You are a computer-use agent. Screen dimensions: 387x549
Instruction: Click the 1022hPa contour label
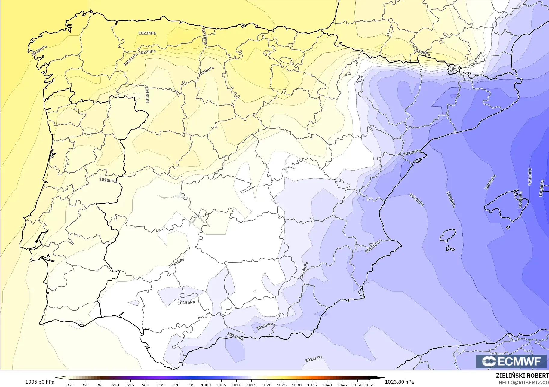click(x=147, y=52)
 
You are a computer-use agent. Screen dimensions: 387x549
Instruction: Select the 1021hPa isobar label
click(x=130, y=59)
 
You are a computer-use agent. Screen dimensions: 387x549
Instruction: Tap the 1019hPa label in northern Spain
click(x=206, y=71)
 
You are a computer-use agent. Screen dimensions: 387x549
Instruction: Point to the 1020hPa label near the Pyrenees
click(x=422, y=52)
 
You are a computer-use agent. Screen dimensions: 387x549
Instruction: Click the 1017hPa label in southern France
click(x=477, y=59)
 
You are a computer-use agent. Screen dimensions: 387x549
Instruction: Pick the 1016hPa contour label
click(x=176, y=263)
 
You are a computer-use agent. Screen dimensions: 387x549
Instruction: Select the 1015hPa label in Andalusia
click(x=186, y=303)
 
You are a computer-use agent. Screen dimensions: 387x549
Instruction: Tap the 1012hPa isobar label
click(x=373, y=247)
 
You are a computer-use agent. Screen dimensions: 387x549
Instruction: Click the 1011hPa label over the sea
click(x=417, y=200)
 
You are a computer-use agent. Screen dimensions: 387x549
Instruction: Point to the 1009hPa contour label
click(x=490, y=183)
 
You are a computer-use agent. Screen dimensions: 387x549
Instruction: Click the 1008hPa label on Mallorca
click(x=520, y=200)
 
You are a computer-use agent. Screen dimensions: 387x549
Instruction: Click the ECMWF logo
click(x=511, y=361)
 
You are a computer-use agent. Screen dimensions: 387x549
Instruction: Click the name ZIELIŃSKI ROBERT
click(x=522, y=376)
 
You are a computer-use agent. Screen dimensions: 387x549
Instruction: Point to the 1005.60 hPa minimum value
click(x=40, y=382)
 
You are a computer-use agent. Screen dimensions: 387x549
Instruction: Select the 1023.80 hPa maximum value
click(x=399, y=382)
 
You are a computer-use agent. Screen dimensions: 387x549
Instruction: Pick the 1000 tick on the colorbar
click(x=206, y=385)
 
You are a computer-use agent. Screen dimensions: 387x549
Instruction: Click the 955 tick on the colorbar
click(x=70, y=385)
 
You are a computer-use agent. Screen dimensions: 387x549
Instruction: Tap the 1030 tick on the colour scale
click(x=297, y=385)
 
